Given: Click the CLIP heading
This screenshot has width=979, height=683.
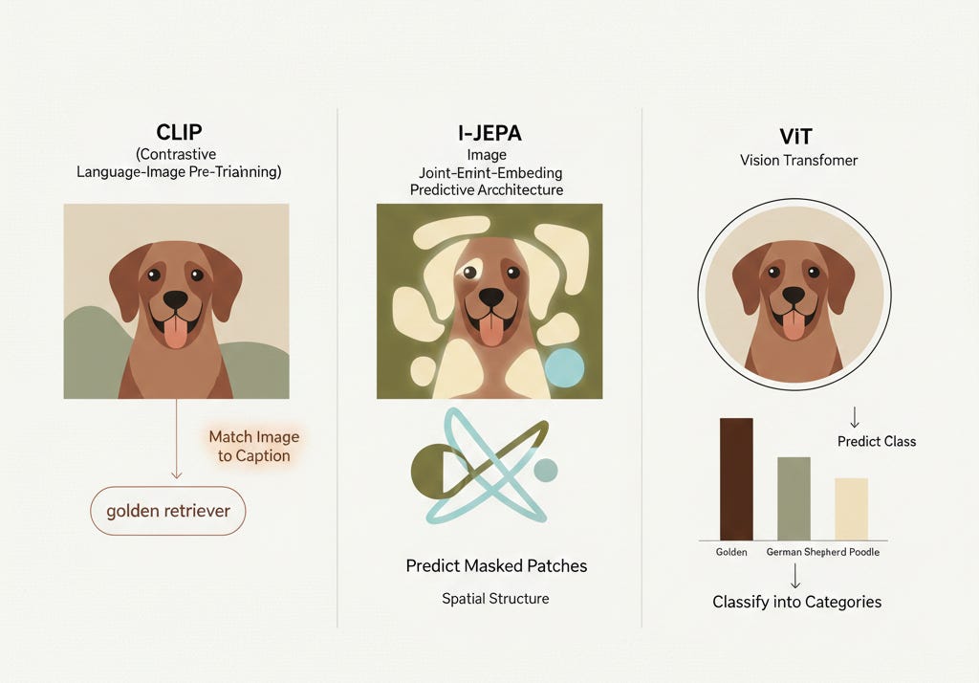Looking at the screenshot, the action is coord(179,132).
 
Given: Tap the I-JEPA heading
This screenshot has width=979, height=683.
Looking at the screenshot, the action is coord(489,133).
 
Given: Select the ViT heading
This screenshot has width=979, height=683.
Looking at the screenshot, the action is coord(795,136).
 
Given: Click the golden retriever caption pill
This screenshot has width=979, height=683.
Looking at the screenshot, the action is coord(168,511).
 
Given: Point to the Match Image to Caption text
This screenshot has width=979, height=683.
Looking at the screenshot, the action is coord(254,446).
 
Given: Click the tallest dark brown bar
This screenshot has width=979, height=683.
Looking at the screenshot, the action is coord(736,479).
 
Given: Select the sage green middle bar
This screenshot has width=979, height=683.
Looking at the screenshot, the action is coord(794,498).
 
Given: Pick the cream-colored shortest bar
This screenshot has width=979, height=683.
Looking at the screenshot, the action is coord(851,509).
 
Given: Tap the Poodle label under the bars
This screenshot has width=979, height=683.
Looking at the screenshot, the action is coord(864,552).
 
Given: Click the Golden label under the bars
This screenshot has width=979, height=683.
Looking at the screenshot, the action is coord(731,552).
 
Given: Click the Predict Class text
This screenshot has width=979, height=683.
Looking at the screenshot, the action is coord(877,441).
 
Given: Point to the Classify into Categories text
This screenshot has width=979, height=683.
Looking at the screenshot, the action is coord(796,602).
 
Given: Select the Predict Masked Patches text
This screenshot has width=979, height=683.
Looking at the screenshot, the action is coord(496,565).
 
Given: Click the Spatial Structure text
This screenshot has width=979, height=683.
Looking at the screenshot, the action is coord(496,599).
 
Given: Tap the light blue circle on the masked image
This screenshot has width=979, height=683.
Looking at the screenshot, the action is coord(564,367).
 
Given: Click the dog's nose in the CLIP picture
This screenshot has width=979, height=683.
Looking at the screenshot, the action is coord(176,299).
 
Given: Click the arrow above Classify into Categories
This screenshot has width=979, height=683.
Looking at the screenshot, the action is coord(795,576).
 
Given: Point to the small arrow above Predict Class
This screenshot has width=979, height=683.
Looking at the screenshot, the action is coord(855,417).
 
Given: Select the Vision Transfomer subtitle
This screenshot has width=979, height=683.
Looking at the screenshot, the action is coord(798,160).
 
